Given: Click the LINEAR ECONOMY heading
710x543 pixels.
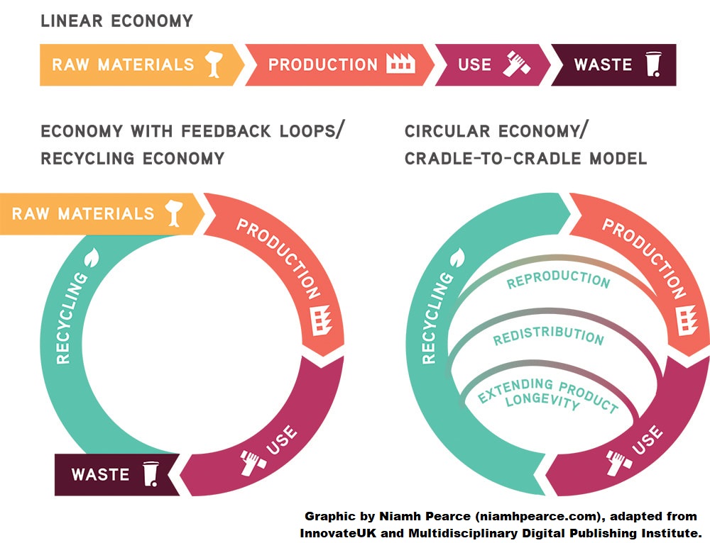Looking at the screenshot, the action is pyautogui.click(x=117, y=21).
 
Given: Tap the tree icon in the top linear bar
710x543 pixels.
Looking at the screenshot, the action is pyautogui.click(x=214, y=65).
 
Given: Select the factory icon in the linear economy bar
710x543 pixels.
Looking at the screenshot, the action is pyautogui.click(x=400, y=64).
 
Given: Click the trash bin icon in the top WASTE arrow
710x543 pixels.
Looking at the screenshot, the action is pyautogui.click(x=653, y=65).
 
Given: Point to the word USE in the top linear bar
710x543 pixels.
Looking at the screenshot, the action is pyautogui.click(x=474, y=65).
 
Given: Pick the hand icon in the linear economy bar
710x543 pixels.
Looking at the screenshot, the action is pyautogui.click(x=517, y=63).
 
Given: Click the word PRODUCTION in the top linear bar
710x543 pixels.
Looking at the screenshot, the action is pyautogui.click(x=323, y=65).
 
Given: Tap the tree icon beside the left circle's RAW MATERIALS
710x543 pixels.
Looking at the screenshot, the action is pyautogui.click(x=173, y=213).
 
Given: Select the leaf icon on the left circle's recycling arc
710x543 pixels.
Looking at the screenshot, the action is pyautogui.click(x=92, y=257).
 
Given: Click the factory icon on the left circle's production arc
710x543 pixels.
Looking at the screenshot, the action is pyautogui.click(x=322, y=320).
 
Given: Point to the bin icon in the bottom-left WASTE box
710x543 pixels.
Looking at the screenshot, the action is pyautogui.click(x=151, y=474).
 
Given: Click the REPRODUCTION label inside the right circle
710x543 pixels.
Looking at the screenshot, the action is pyautogui.click(x=558, y=279).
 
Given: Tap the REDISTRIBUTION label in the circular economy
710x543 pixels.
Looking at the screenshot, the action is pyautogui.click(x=548, y=335).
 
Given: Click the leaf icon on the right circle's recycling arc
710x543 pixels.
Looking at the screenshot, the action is pyautogui.click(x=457, y=258).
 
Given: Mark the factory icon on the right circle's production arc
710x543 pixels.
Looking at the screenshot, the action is pyautogui.click(x=687, y=320).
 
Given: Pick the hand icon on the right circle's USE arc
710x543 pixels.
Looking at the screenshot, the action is pyautogui.click(x=618, y=462).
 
